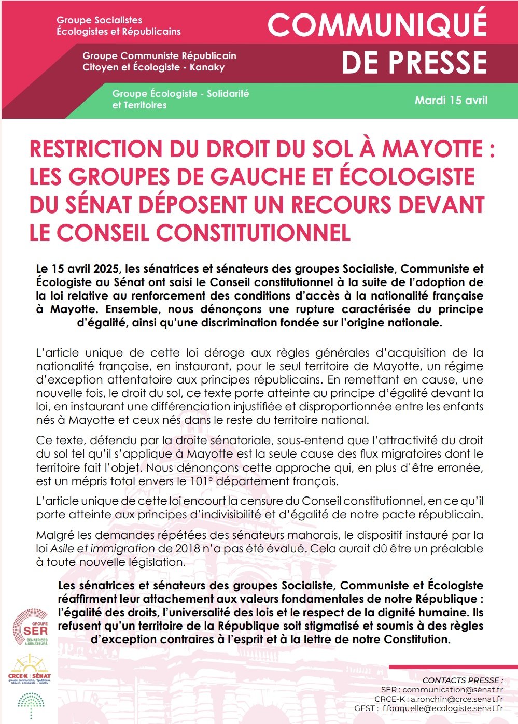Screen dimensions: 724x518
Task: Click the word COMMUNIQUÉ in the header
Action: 377,24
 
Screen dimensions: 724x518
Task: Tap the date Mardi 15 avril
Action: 451,100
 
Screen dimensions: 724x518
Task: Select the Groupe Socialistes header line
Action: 99,20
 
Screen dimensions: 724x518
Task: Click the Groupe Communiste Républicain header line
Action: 159,55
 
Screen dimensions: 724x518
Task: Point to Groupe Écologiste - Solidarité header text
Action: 180,94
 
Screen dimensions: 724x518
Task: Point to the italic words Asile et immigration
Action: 103,548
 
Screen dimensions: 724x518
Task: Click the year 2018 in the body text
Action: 187,548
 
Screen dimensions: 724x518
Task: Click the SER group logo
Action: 31,628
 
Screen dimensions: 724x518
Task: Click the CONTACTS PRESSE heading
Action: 463,680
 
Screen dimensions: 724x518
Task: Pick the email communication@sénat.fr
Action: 452,690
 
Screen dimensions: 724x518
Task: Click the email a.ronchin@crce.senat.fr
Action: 456,699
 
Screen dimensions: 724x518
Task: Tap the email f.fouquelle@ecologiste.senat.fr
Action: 442,708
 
